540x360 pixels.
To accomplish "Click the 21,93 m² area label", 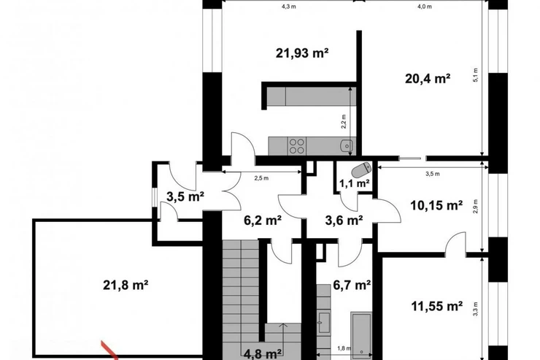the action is pos(302,53).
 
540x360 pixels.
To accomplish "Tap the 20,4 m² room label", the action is pos(428,79).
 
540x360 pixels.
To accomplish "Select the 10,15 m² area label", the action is pos(436,206).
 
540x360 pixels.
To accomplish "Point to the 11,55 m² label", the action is pos(437,306).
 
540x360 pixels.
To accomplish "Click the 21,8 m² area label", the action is pos(126,286).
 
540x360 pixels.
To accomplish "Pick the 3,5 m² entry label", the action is pos(185,196).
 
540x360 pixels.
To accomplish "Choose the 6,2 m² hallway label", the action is pos(263,220).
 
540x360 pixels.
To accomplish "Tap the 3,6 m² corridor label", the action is pos(344,220).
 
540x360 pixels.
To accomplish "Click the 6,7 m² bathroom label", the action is pos(352,285).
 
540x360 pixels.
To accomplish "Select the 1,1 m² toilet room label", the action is pos(355,183).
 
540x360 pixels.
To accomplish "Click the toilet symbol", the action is pos(361,169).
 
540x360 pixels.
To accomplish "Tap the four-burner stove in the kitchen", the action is pos(297,146).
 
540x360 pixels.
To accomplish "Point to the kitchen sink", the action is pos(346,146).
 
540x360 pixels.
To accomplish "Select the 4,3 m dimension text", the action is pos(288,7).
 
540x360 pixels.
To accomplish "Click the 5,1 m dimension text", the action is pos(476,75).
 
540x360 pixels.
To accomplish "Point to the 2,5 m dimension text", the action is pos(261,178).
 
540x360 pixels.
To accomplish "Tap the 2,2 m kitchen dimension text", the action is pos(344,122).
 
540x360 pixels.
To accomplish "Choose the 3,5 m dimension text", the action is pos(433,174).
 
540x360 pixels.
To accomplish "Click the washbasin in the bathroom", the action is pos(324,323).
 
